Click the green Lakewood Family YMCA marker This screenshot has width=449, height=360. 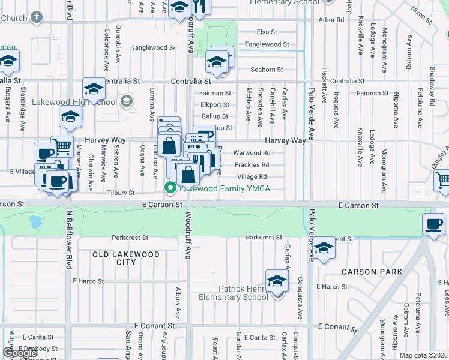click(x=170, y=189)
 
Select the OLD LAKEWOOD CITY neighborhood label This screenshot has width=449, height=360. click(x=126, y=258)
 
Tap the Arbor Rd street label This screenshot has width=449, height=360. click(x=332, y=20)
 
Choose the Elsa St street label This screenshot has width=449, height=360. click(x=266, y=32)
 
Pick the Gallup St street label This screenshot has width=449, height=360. click(x=215, y=116)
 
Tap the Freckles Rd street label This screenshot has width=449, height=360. click(x=252, y=164)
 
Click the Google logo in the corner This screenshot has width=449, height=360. click(x=20, y=353)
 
